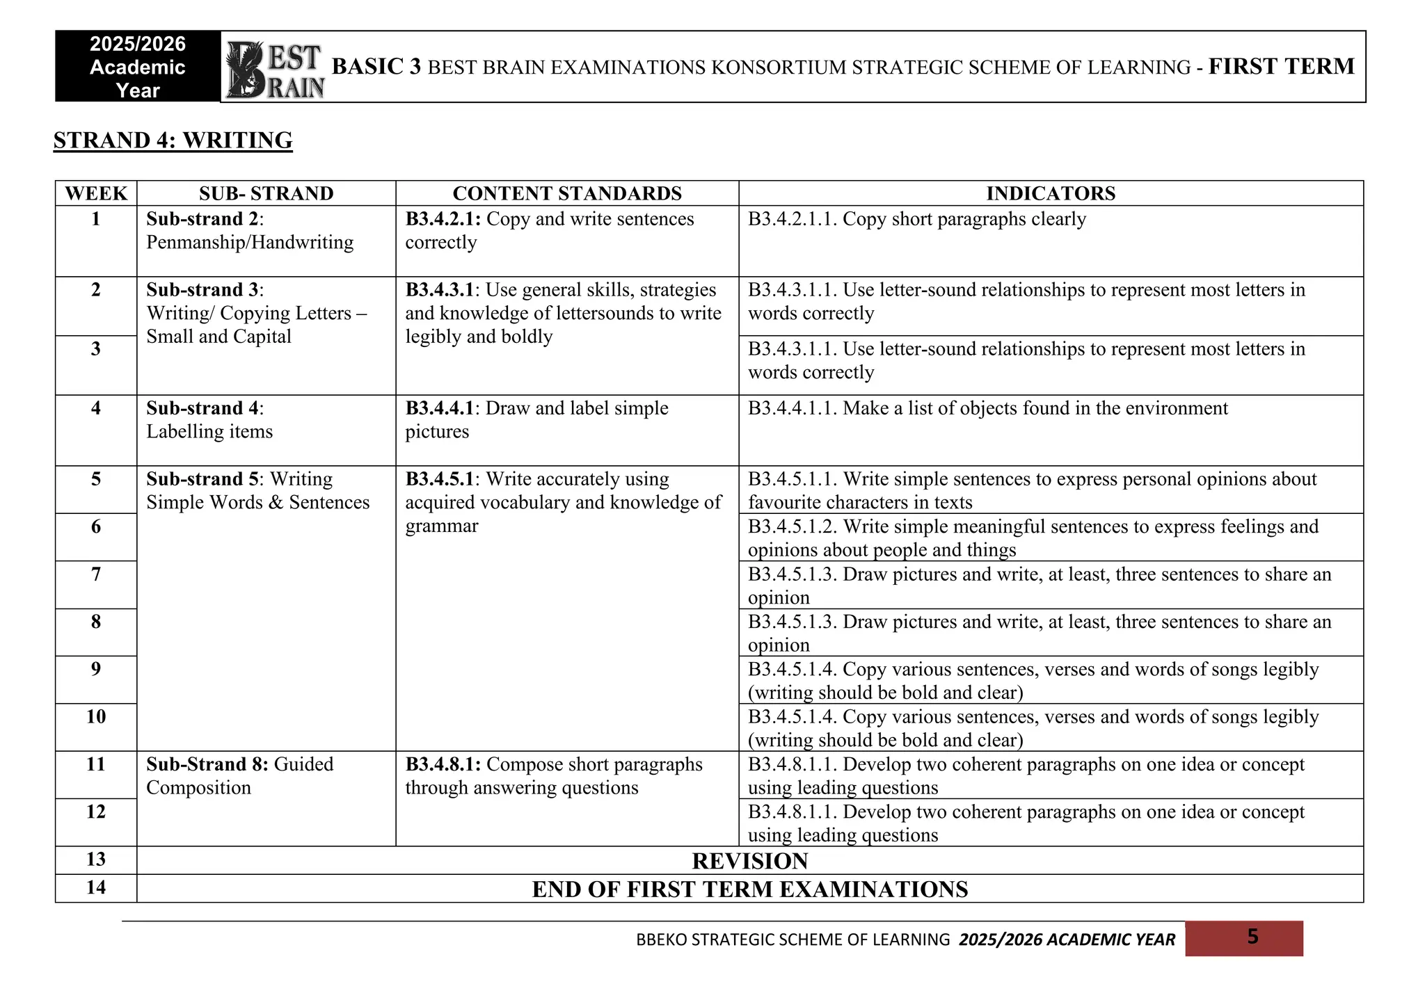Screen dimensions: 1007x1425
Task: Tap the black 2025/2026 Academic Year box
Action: [x=138, y=67]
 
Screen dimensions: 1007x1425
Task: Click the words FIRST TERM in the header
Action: [x=1281, y=67]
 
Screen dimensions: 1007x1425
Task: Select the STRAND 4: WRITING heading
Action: [x=173, y=140]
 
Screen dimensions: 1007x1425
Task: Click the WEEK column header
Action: [x=96, y=193]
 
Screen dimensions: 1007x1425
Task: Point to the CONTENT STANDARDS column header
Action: [x=567, y=193]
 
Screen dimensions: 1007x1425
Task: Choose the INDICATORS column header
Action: [x=1051, y=193]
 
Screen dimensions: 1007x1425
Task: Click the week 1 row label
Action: [x=96, y=219]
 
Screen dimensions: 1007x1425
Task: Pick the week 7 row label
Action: [x=96, y=574]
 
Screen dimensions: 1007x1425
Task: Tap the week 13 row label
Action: [x=96, y=860]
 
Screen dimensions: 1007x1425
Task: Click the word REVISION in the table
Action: [x=750, y=861]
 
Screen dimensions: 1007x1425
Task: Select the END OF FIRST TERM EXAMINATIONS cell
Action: [x=750, y=889]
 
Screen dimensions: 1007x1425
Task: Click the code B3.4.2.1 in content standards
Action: [x=443, y=219]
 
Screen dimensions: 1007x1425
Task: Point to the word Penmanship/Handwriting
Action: [x=250, y=243]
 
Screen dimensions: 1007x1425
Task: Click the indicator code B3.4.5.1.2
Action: [x=792, y=527]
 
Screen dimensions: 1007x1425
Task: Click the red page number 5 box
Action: [x=1244, y=938]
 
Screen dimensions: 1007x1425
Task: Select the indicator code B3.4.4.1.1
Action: [x=792, y=408]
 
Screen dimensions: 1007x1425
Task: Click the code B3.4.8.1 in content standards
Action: [x=443, y=764]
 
